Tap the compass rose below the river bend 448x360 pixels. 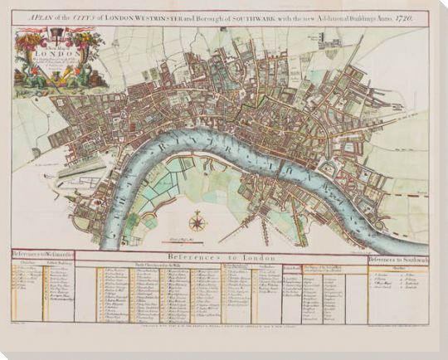coord(197,221)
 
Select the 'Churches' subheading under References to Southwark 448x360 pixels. coord(398,268)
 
